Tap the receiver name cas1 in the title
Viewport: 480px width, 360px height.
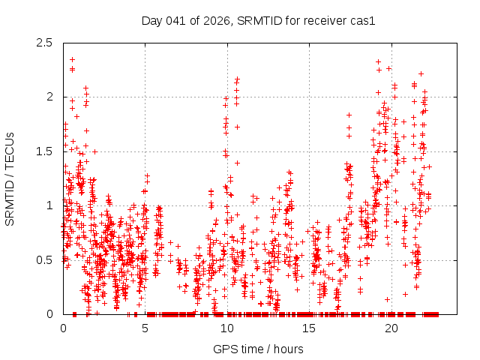coord(362,20)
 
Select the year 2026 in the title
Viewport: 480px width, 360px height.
coord(217,20)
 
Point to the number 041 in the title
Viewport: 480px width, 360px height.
coord(178,20)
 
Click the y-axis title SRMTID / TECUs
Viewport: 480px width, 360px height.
coord(10,178)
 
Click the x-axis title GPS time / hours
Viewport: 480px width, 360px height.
coord(259,349)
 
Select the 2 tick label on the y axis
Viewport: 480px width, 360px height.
coord(49,97)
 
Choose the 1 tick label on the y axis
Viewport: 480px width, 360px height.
coord(49,205)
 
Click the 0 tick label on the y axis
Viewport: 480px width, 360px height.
coord(49,314)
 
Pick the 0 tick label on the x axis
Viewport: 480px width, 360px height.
coord(63,328)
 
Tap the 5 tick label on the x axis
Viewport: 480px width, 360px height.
coord(145,328)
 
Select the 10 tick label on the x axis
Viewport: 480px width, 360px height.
coord(227,328)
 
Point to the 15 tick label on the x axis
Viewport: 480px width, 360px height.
coord(309,328)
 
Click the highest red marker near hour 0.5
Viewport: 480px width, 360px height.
coord(72,59)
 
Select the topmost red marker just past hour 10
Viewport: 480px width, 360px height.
coord(237,78)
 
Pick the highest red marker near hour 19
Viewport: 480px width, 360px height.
coord(378,61)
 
